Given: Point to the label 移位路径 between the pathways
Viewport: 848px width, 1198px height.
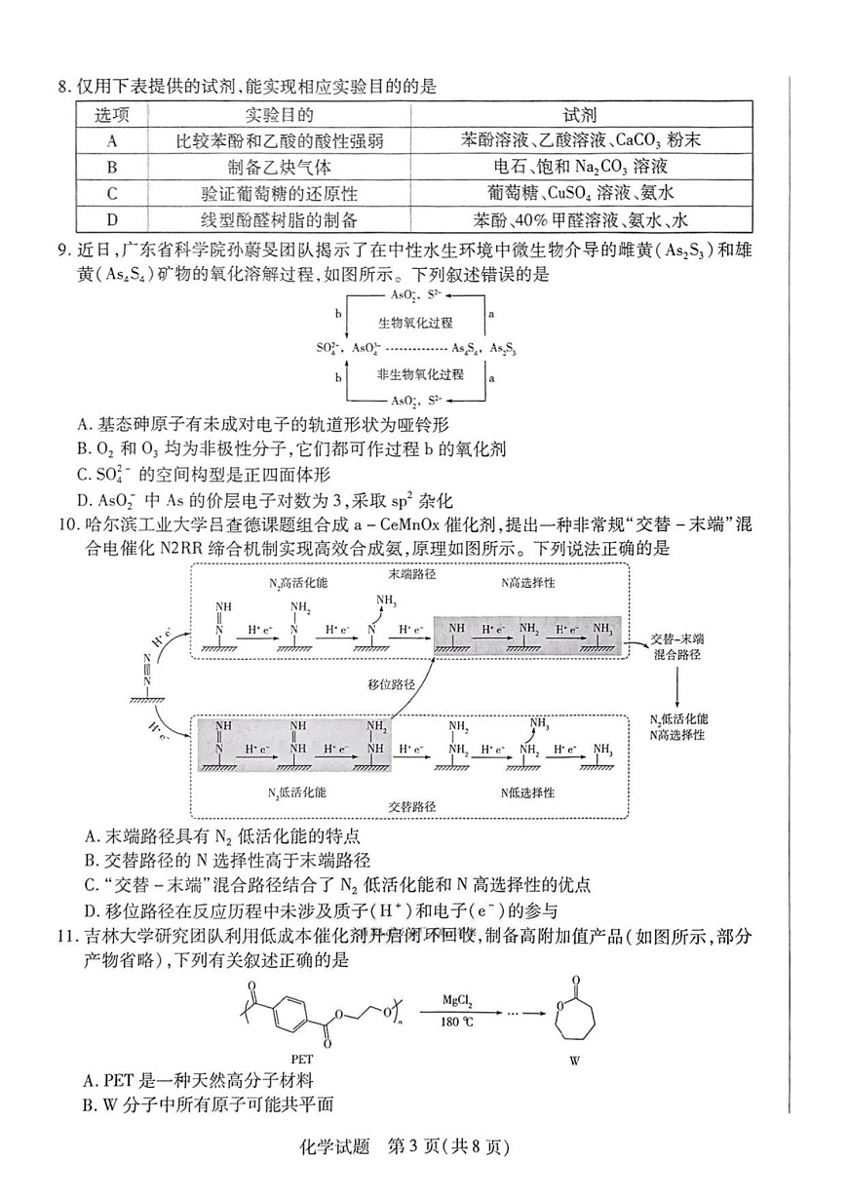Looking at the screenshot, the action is (391, 684).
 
